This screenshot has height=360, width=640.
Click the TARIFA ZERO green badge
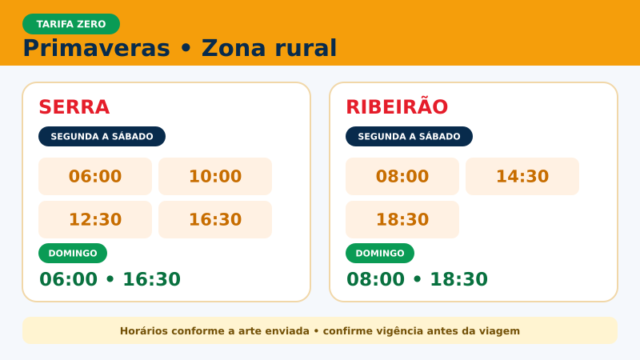click(x=71, y=24)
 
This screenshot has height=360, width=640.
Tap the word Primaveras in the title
click(x=96, y=48)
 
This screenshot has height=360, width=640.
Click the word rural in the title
click(x=306, y=48)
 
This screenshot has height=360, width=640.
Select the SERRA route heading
click(x=74, y=107)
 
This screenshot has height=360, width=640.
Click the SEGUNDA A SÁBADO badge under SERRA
click(x=102, y=136)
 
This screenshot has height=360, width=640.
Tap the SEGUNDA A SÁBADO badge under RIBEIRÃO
click(x=409, y=136)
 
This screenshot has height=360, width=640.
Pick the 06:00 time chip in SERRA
click(x=95, y=176)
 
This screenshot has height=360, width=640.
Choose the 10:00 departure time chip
click(x=215, y=176)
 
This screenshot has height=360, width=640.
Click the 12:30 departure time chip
click(x=95, y=219)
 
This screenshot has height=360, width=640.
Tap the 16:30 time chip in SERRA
click(x=215, y=219)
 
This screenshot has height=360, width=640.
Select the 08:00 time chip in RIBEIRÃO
click(x=402, y=176)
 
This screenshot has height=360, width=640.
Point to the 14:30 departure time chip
click(x=522, y=176)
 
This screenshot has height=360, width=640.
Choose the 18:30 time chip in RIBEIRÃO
click(x=402, y=219)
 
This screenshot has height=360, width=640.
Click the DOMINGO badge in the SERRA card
click(x=73, y=253)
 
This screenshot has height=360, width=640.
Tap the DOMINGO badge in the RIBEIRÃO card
click(x=380, y=253)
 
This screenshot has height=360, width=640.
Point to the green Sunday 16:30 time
click(x=151, y=279)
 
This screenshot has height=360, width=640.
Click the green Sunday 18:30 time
click(x=458, y=279)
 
